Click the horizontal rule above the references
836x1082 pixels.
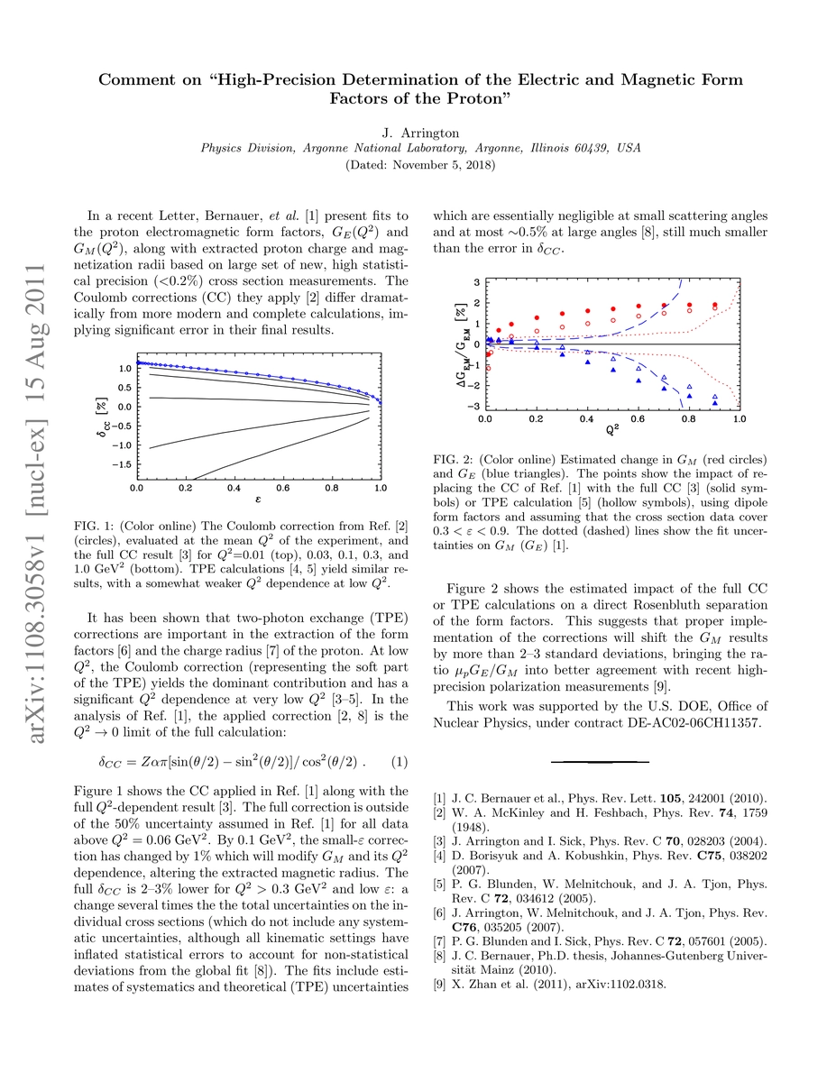point(593,762)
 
